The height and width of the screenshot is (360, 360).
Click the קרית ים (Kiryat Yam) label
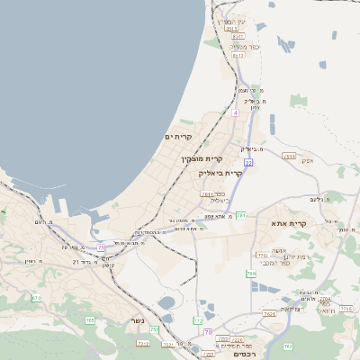pos(179,137)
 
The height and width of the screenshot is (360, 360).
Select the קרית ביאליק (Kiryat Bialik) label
pos(220,173)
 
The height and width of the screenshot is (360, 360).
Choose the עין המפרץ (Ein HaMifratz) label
pos(231,21)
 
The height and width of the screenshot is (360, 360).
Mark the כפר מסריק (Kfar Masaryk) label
pos(244,46)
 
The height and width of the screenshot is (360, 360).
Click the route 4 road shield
pos(235,113)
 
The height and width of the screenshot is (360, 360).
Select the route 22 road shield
pos(248,163)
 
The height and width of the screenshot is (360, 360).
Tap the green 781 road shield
pos(240,216)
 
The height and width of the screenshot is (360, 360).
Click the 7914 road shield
pos(289,156)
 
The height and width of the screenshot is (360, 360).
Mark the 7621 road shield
pos(269,313)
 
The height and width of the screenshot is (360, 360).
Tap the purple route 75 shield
pos(102,247)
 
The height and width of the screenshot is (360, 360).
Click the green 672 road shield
pos(36,298)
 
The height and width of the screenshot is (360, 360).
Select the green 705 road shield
pos(89,319)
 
